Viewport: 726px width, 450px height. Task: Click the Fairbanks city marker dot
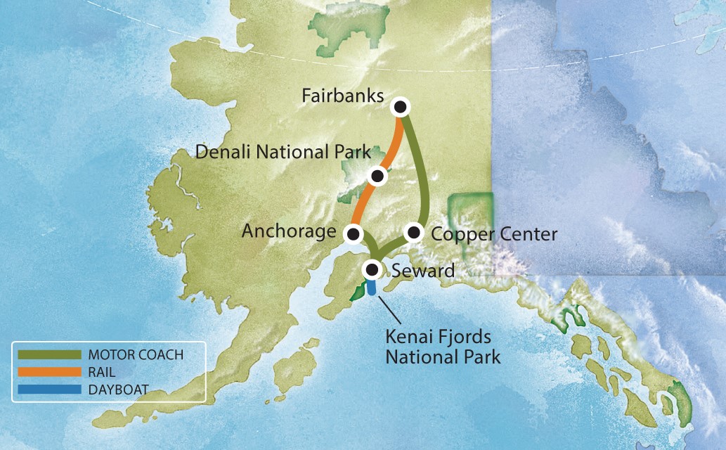pyautogui.click(x=401, y=107)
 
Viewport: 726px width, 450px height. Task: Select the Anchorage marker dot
pyautogui.click(x=354, y=233)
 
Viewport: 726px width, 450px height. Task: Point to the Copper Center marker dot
pyautogui.click(x=413, y=232)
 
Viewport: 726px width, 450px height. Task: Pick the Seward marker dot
pyautogui.click(x=372, y=269)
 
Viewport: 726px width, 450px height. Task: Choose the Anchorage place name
pyautogui.click(x=289, y=231)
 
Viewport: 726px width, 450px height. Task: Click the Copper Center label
pyautogui.click(x=493, y=233)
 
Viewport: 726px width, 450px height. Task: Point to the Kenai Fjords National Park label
pyautogui.click(x=443, y=347)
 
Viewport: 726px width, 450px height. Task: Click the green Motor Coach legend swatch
pyautogui.click(x=48, y=354)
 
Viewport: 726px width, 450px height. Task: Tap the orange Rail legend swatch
pyautogui.click(x=48, y=371)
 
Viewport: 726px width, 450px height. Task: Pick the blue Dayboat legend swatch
pyautogui.click(x=48, y=387)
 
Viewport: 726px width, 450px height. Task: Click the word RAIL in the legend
pyautogui.click(x=103, y=371)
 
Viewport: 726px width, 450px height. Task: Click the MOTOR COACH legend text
pyautogui.click(x=136, y=354)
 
